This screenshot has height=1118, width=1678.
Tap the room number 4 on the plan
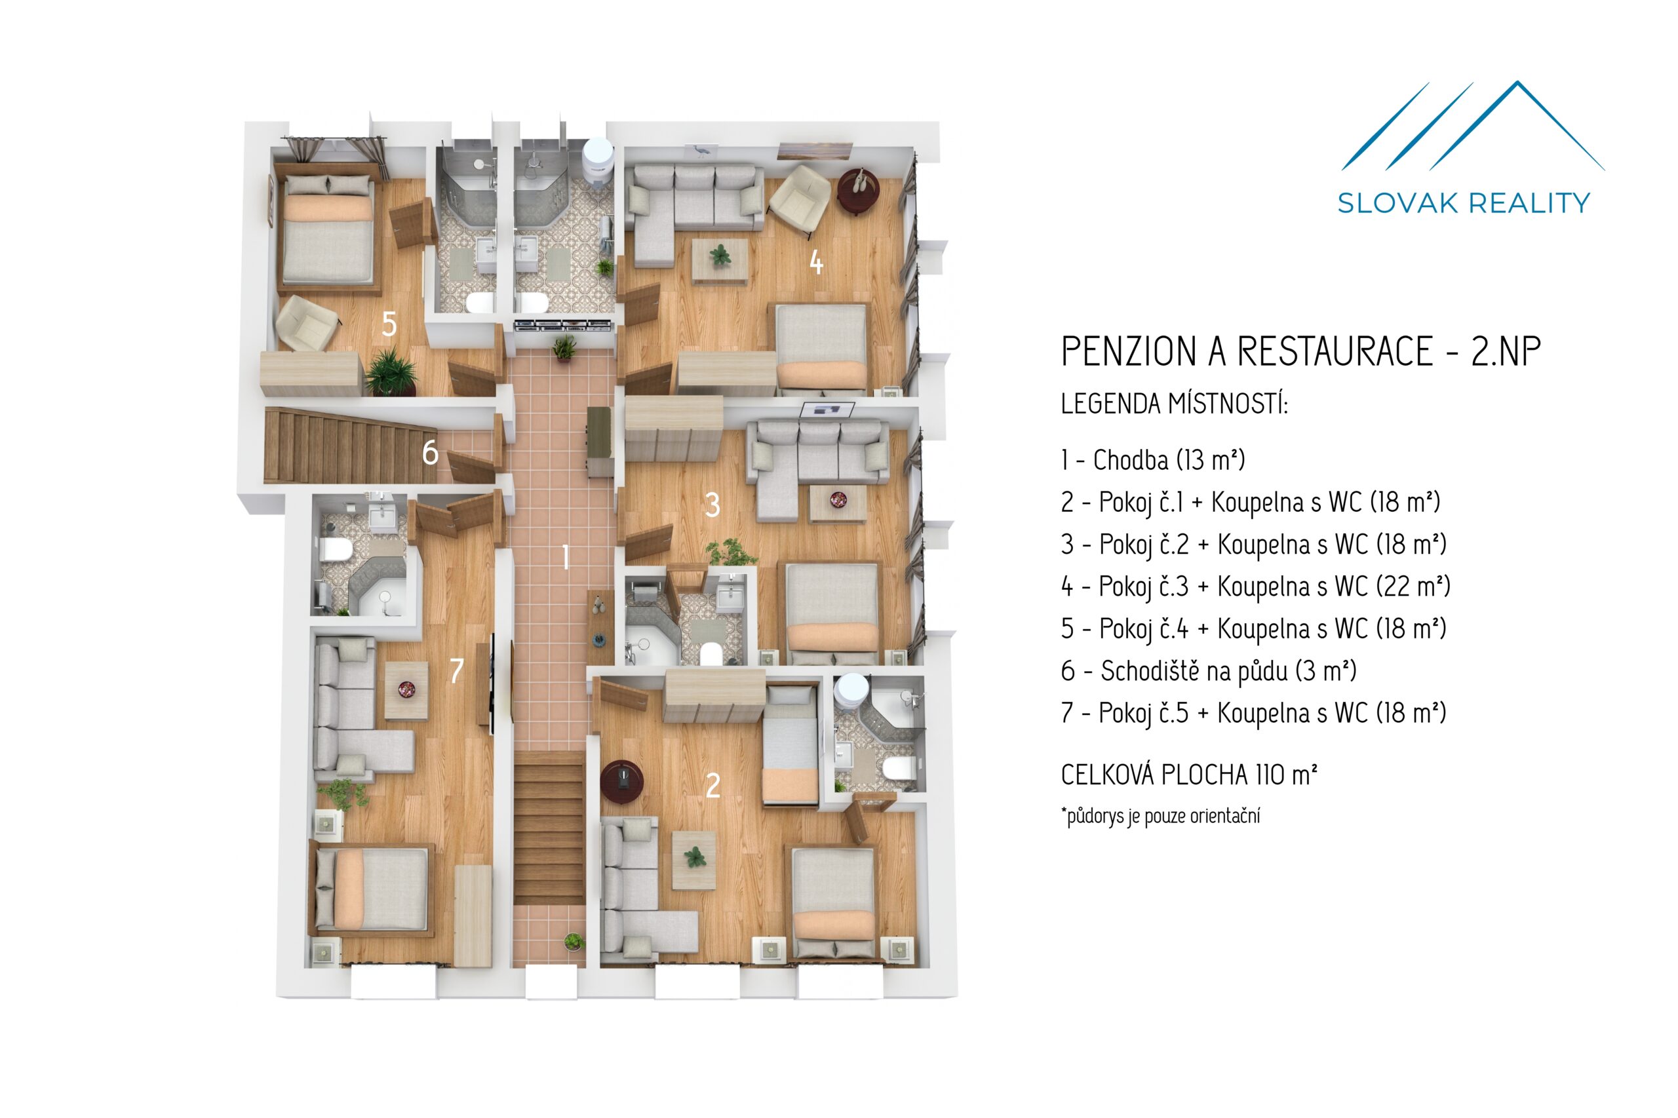(x=816, y=262)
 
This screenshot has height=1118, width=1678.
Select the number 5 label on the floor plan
(x=389, y=324)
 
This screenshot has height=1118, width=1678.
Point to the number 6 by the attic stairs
(x=430, y=453)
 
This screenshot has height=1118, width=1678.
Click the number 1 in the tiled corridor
(x=566, y=557)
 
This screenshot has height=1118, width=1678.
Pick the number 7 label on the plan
(x=456, y=670)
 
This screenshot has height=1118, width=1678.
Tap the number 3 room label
(x=712, y=505)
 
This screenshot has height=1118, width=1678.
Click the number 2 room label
(x=712, y=786)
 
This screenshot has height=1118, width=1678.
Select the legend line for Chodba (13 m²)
(x=1152, y=460)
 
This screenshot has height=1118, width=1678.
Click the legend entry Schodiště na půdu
(x=1208, y=671)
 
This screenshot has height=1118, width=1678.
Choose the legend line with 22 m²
(x=1255, y=587)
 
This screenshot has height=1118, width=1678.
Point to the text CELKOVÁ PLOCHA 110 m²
(x=1189, y=775)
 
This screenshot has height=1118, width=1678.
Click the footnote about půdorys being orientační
(x=1160, y=816)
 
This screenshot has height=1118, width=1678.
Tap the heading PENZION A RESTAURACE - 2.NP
(x=1300, y=351)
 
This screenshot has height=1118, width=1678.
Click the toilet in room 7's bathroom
(x=333, y=550)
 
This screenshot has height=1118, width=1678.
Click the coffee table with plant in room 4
(x=720, y=260)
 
